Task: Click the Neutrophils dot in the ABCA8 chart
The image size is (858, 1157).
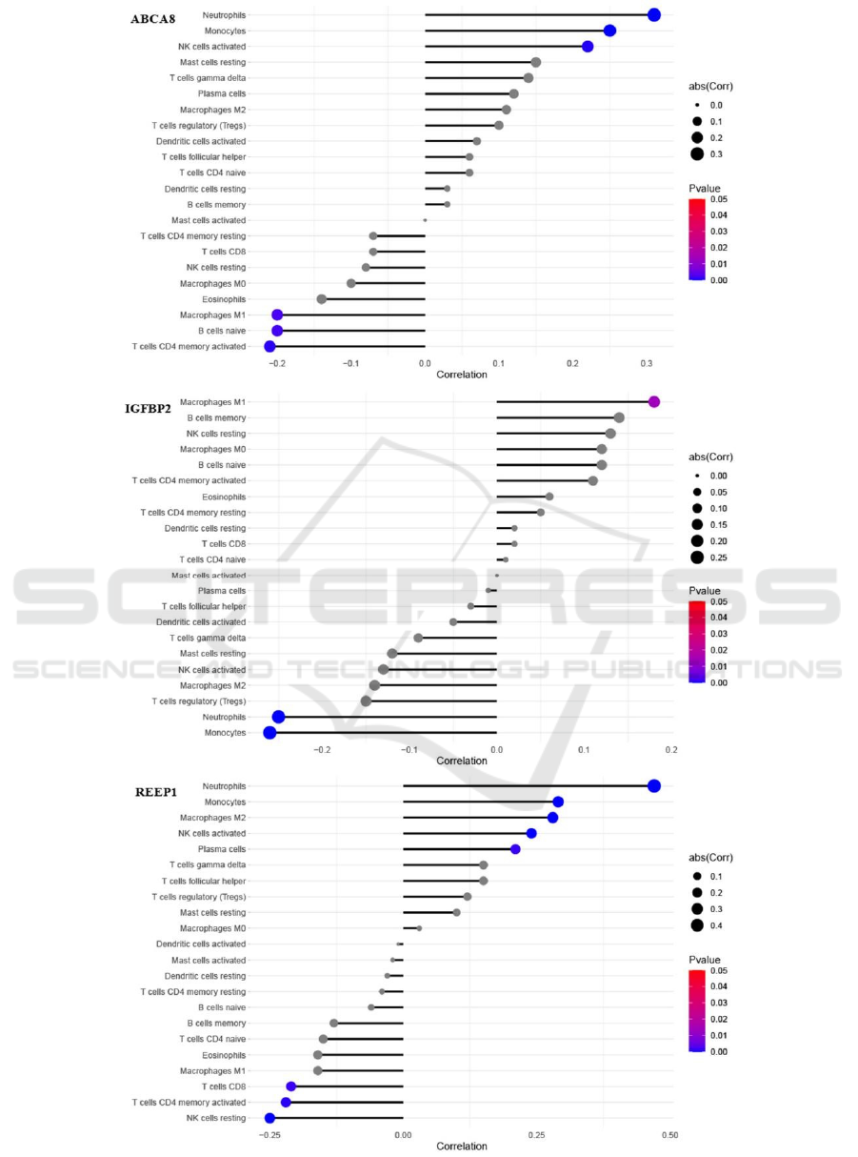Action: [x=653, y=14]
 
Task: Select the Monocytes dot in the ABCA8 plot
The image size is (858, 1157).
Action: [x=609, y=30]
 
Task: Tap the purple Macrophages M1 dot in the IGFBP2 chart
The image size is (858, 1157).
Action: [x=654, y=401]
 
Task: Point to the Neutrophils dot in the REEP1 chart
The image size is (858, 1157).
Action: [x=653, y=785]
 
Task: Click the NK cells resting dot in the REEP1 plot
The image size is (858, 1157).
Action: [x=269, y=1118]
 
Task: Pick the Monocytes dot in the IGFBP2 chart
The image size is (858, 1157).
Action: [x=269, y=732]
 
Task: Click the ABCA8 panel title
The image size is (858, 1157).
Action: [x=151, y=18]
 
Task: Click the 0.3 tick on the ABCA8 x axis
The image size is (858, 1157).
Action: [x=647, y=363]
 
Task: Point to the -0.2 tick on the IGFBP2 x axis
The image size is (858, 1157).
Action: [x=322, y=750]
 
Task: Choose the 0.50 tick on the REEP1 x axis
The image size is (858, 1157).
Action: [x=669, y=1135]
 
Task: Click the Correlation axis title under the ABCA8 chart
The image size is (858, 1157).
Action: [x=461, y=375]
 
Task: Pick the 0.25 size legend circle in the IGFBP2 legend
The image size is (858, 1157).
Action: [x=697, y=558]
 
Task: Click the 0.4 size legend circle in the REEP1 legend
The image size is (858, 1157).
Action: [x=697, y=924]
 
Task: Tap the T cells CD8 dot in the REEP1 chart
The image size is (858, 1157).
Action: [x=291, y=1086]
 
